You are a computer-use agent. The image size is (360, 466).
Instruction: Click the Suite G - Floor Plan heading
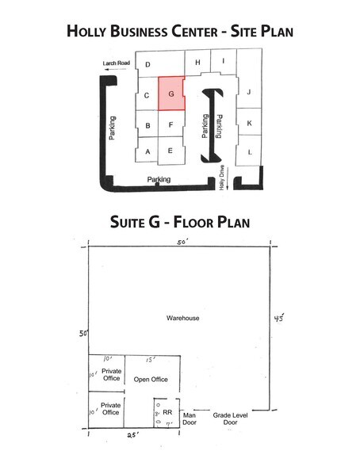click(180, 220)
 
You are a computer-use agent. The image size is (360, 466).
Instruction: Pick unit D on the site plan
click(147, 65)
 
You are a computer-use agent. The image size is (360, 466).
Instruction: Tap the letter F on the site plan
click(171, 124)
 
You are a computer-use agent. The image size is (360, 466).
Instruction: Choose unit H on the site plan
click(197, 62)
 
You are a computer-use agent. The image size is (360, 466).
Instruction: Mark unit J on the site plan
click(249, 93)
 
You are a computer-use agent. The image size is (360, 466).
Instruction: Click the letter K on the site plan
click(249, 123)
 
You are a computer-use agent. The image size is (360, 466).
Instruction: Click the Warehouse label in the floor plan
click(182, 319)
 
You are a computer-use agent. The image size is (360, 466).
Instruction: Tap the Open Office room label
click(151, 379)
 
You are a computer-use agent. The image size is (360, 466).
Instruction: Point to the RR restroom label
click(167, 411)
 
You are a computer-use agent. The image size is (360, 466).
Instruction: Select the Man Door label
click(190, 418)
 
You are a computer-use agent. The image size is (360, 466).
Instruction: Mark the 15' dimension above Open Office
click(150, 359)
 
